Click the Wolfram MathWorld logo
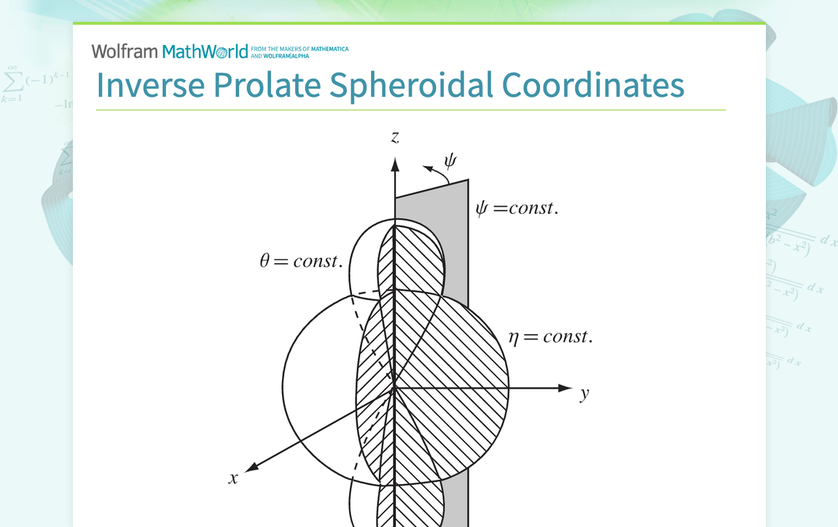pos(170,52)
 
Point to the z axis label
pos(395,137)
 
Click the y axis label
pos(584,395)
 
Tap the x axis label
pos(233,478)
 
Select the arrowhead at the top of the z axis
pos(395,164)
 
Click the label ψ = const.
pos(517,208)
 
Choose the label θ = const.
pos(301,261)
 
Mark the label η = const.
pos(550,336)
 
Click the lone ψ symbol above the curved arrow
pos(450,161)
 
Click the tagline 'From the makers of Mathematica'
pos(299,49)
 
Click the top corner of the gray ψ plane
pos(468,180)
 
